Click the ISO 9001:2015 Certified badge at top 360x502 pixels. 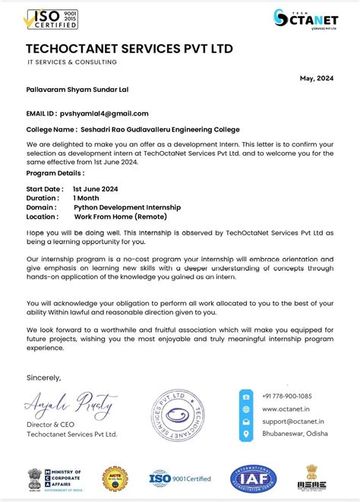(x=52, y=19)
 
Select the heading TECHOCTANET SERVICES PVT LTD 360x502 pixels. (x=129, y=49)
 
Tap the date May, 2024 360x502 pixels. (x=317, y=78)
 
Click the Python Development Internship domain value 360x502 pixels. (x=127, y=207)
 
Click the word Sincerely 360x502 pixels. (x=43, y=377)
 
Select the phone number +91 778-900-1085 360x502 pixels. (x=286, y=396)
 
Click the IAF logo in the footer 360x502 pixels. (x=253, y=478)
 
